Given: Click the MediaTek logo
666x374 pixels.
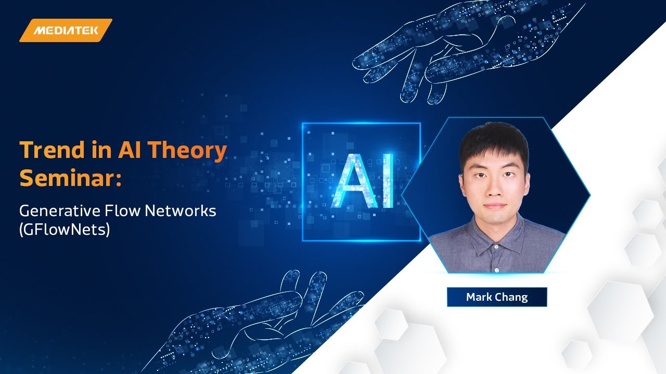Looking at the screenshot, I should click(x=66, y=30).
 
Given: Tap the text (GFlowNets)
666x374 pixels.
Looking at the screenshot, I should click(x=65, y=229).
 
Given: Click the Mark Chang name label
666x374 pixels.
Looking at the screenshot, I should click(x=497, y=297).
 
